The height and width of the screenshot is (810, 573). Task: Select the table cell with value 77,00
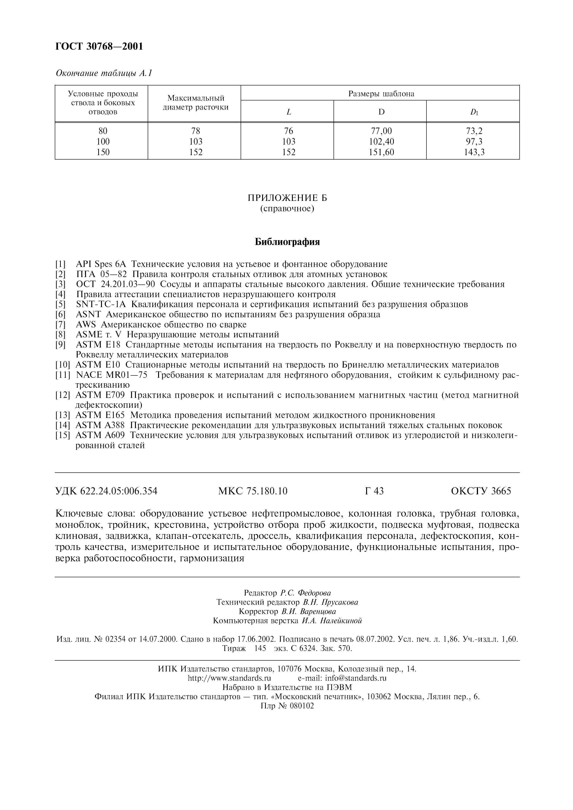381,131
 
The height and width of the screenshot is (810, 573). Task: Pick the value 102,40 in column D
381,142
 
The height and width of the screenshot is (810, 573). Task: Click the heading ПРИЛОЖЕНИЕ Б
287,198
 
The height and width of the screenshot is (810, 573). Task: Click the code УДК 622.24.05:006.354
106,491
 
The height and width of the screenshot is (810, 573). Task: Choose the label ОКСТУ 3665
481,491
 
